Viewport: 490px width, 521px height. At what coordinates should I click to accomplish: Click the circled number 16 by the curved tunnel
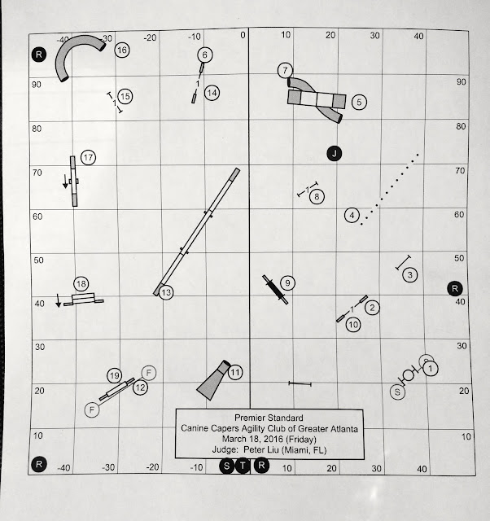122,50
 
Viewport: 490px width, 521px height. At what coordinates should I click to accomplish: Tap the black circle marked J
335,154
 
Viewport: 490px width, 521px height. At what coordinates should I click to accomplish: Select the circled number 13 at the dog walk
166,292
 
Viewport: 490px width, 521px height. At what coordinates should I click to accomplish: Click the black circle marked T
243,466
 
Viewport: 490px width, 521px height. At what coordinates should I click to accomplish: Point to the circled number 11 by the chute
235,373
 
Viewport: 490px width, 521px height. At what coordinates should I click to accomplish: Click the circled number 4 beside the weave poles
352,216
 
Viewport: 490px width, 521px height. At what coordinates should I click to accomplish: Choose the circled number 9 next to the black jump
287,283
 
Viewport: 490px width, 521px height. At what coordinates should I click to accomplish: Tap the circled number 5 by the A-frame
359,102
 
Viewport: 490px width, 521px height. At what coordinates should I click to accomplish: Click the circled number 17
88,157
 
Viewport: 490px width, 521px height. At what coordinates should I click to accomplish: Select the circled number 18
81,284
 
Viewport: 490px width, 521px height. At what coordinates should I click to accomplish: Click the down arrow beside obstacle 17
65,182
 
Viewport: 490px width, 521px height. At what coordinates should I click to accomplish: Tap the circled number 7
285,71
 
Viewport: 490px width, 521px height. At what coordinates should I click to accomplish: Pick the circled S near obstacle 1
397,392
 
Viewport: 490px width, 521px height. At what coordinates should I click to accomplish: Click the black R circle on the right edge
455,288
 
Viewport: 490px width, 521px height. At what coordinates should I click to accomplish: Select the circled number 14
212,93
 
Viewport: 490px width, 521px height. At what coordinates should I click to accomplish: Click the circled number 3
410,275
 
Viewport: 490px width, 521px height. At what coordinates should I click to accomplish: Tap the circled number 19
114,376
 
